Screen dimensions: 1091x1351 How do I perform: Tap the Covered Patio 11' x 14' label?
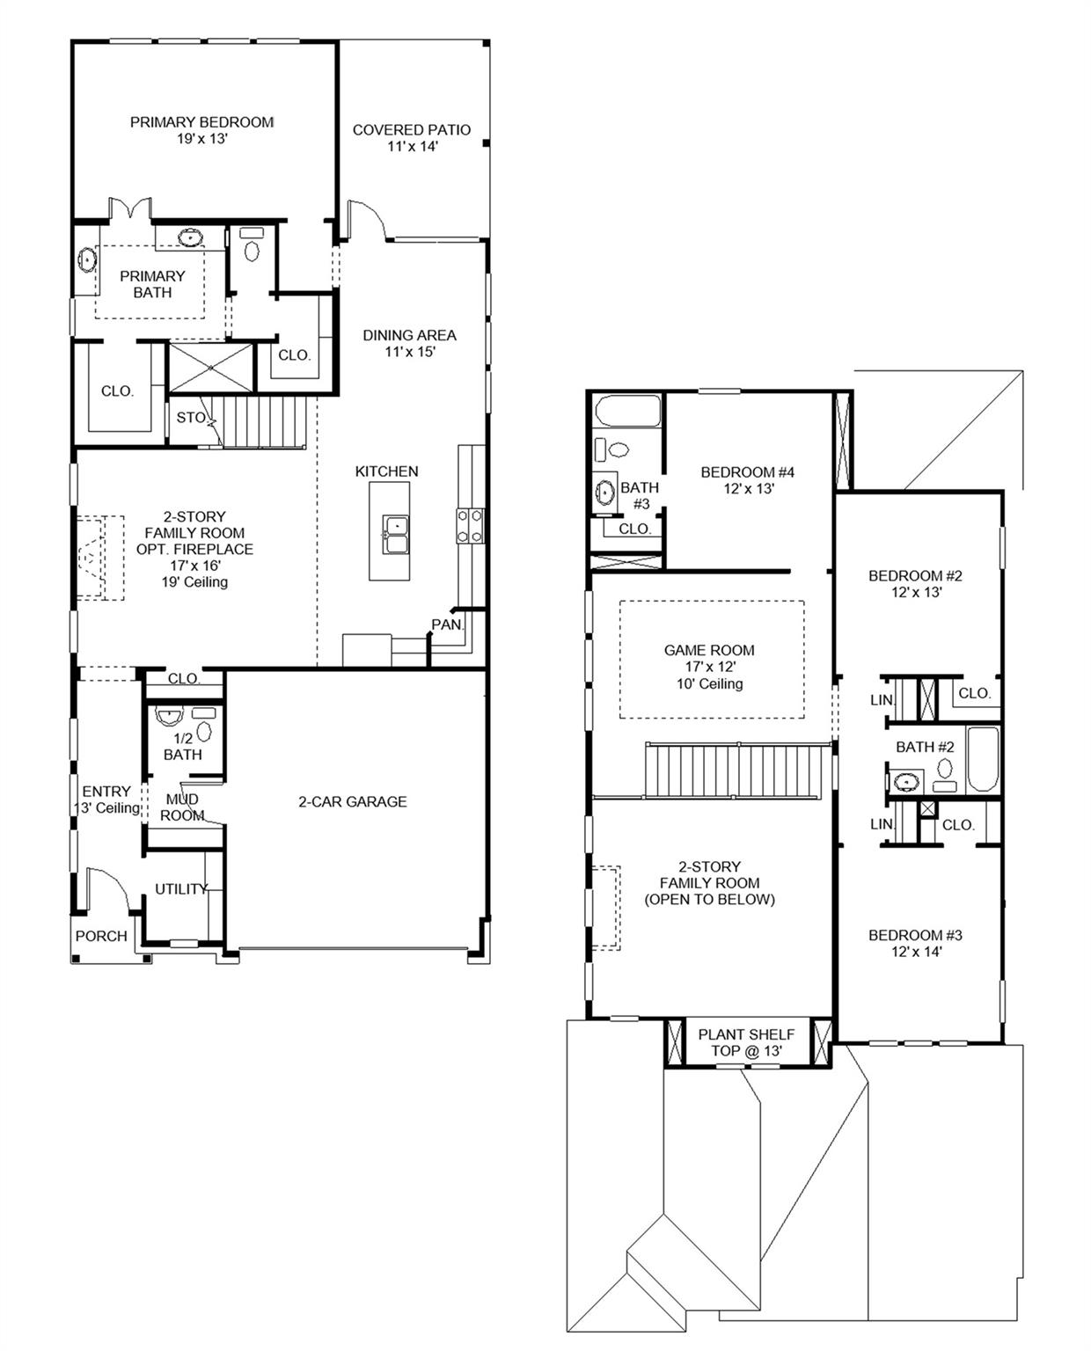click(412, 137)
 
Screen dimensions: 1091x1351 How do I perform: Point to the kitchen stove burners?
click(470, 526)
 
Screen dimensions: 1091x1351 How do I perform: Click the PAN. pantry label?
click(447, 624)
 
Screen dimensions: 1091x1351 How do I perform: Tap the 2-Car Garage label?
click(353, 802)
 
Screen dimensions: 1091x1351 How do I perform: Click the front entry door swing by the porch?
click(108, 890)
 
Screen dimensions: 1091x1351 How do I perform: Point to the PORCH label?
click(101, 936)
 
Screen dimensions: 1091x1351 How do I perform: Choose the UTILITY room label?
click(181, 889)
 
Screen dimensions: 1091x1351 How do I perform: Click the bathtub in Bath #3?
click(628, 411)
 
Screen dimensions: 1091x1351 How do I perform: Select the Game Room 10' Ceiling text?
click(710, 683)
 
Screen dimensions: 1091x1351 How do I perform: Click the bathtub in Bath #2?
click(983, 759)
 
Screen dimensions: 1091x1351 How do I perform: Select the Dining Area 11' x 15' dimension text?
click(410, 352)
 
